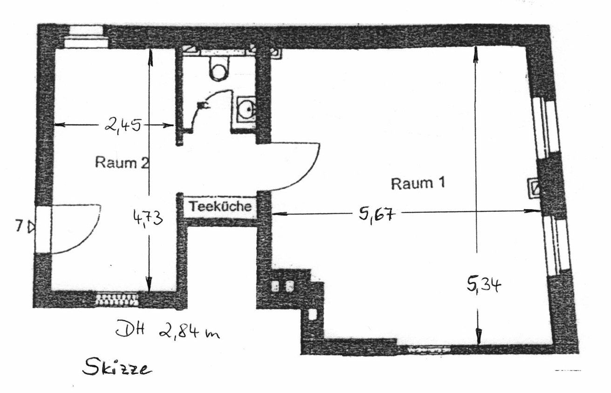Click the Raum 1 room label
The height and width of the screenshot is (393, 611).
click(x=418, y=183)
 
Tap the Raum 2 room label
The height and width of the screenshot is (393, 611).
click(x=122, y=163)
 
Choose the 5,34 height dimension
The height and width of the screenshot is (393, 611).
click(x=483, y=285)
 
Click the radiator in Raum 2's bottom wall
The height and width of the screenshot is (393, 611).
click(x=117, y=299)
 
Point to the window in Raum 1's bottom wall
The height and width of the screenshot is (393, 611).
click(x=428, y=348)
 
